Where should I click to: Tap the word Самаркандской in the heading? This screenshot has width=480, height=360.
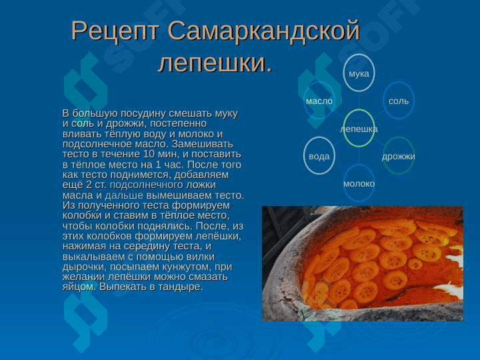tap(263, 31)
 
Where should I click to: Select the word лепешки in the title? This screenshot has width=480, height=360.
tap(211, 63)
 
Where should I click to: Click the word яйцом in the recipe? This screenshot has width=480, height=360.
tap(79, 287)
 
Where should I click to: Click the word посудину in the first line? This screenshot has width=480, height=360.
tap(143, 114)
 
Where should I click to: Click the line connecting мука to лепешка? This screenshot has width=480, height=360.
tap(359, 101)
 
